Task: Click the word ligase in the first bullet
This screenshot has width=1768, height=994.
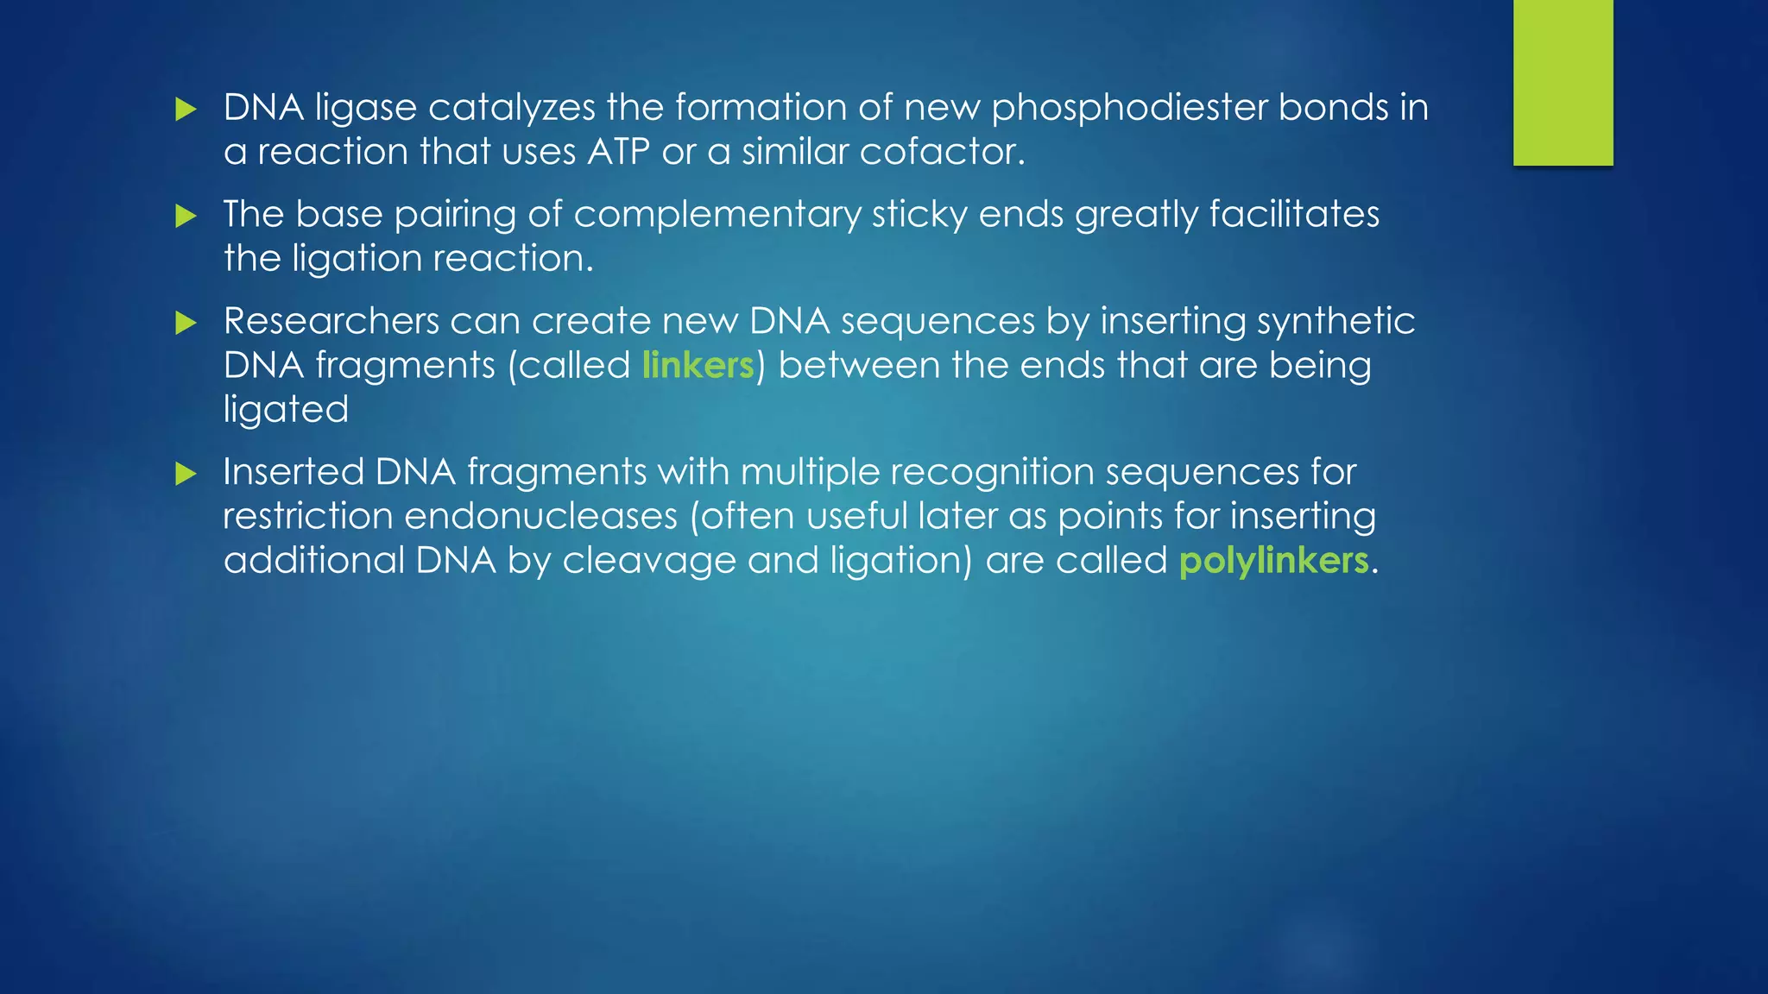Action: coord(365,109)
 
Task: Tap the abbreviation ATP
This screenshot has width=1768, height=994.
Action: coord(618,152)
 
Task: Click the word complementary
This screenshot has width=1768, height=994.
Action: coord(717,215)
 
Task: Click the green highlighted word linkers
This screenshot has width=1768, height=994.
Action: coord(698,366)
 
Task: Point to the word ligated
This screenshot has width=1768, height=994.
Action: coord(286,410)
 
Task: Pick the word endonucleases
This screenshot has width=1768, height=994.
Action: coord(540,516)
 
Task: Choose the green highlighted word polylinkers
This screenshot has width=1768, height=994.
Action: coord(1273,561)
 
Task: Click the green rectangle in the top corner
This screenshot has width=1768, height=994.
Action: coord(1563,82)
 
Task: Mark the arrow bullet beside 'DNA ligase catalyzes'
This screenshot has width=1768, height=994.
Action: coord(186,110)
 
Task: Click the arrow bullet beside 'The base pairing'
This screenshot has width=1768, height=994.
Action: coord(186,216)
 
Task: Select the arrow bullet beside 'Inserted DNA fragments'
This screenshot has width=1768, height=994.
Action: coord(186,474)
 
